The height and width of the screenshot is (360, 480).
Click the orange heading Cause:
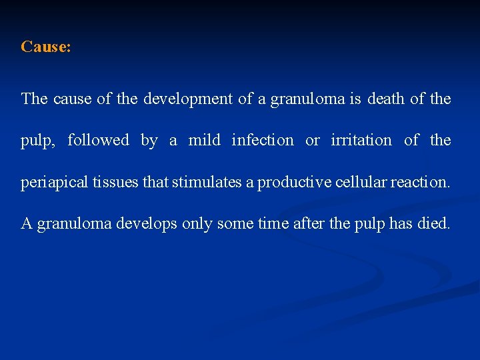click(46, 47)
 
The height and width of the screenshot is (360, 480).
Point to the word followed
click(98, 140)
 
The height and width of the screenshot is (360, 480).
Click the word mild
click(203, 140)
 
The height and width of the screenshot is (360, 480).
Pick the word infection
click(262, 140)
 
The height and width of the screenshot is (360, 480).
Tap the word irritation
click(361, 140)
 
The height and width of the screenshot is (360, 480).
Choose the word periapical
click(51, 183)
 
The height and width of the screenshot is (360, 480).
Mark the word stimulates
click(207, 182)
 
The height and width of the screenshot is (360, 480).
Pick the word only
click(196, 224)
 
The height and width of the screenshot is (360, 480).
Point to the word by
click(149, 141)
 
